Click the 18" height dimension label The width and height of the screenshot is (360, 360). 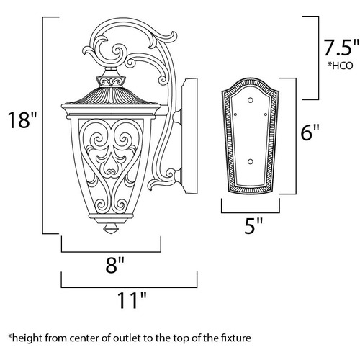click(22, 120)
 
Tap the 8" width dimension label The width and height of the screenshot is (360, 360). click(115, 265)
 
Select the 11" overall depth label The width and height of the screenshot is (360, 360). click(132, 300)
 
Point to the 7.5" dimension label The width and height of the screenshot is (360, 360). click(341, 48)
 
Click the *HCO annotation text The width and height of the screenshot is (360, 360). click(341, 66)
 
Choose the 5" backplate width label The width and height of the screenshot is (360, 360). click(253, 225)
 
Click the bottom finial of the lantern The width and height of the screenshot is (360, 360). click(111, 228)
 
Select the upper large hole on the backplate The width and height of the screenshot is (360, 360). click(251, 100)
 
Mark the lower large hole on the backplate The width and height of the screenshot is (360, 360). click(251, 162)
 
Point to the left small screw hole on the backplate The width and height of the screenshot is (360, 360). click(235, 114)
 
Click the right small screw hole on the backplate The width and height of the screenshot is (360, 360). click(266, 114)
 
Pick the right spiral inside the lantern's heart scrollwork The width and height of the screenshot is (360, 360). click(125, 139)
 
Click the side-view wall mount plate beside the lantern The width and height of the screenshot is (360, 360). click(189, 136)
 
